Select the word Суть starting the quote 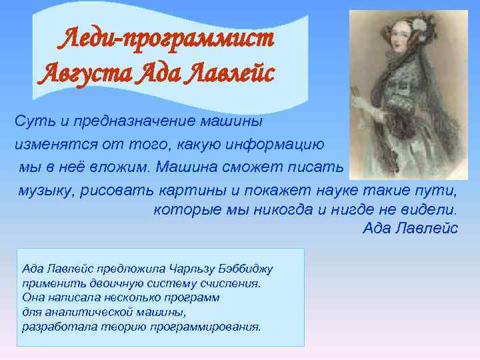click(x=30, y=121)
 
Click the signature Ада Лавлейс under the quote click(x=410, y=229)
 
